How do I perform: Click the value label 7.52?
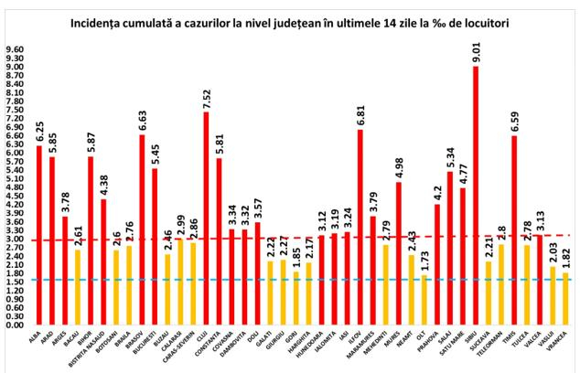tap(207, 96)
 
